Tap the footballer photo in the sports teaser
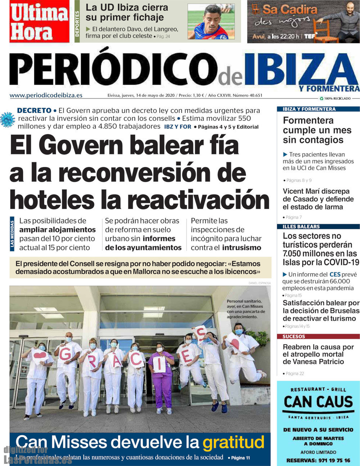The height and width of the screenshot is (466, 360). (x=211, y=22)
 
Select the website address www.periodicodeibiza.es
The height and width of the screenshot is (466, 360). (x=46, y=95)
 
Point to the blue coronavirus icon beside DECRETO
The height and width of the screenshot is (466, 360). (x=7, y=119)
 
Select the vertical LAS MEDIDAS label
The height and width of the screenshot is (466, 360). (x=12, y=234)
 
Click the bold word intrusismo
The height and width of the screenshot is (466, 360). (x=241, y=248)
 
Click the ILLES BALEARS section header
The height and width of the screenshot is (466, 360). (x=301, y=226)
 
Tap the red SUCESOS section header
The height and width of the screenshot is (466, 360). (x=294, y=336)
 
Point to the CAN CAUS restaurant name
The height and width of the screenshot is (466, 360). (x=318, y=402)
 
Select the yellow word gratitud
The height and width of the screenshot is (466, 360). (x=233, y=443)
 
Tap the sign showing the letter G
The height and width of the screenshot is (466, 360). (x=65, y=354)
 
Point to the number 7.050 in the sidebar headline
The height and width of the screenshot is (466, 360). (x=294, y=253)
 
